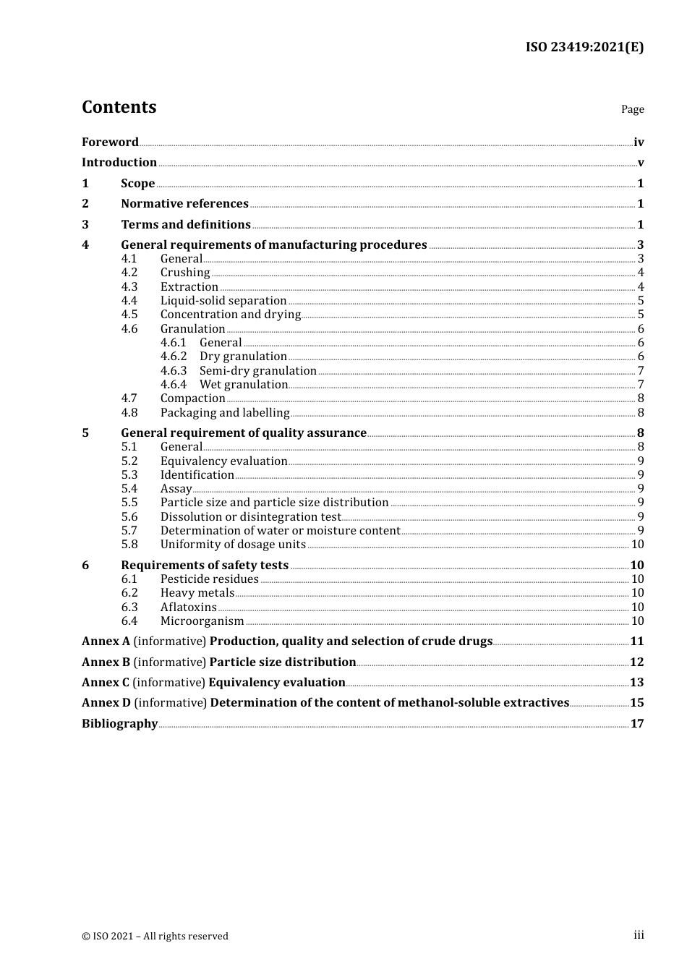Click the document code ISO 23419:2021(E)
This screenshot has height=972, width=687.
584,47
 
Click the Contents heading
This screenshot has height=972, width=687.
119,107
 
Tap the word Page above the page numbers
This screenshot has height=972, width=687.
632,109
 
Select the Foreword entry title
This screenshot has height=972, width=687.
110,142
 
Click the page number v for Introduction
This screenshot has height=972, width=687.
640,163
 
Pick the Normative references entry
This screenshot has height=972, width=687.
184,204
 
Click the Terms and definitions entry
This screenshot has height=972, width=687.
185,225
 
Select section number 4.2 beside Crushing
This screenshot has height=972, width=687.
129,273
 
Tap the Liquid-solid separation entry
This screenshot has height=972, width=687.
223,301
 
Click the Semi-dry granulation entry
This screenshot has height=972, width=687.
257,371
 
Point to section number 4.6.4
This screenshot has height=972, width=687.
174,385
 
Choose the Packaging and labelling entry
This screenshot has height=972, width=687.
225,413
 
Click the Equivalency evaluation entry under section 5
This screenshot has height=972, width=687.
223,461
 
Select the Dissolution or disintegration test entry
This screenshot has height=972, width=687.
250,517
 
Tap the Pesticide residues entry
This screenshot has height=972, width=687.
209,579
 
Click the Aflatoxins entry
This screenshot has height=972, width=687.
188,607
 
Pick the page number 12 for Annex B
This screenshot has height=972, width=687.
636,662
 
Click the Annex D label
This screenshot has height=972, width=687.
106,703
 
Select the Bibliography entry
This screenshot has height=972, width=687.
119,724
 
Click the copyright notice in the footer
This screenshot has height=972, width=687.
155,937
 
